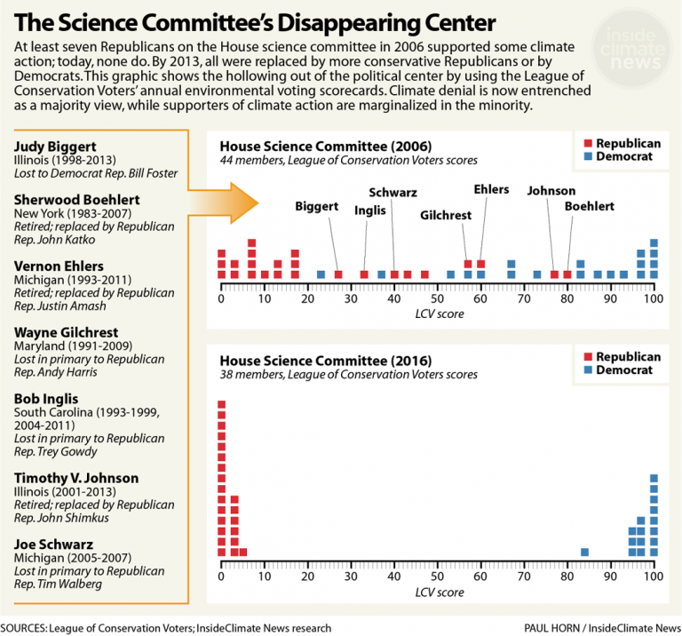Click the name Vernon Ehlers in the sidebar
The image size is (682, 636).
[x=58, y=266]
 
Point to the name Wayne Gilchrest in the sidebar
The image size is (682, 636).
[x=65, y=332]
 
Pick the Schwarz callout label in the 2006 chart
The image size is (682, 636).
[x=393, y=193]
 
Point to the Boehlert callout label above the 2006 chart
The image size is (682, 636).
[x=591, y=206]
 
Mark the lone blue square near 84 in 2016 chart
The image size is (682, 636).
[x=584, y=552]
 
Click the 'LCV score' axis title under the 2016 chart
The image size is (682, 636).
[x=438, y=592]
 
